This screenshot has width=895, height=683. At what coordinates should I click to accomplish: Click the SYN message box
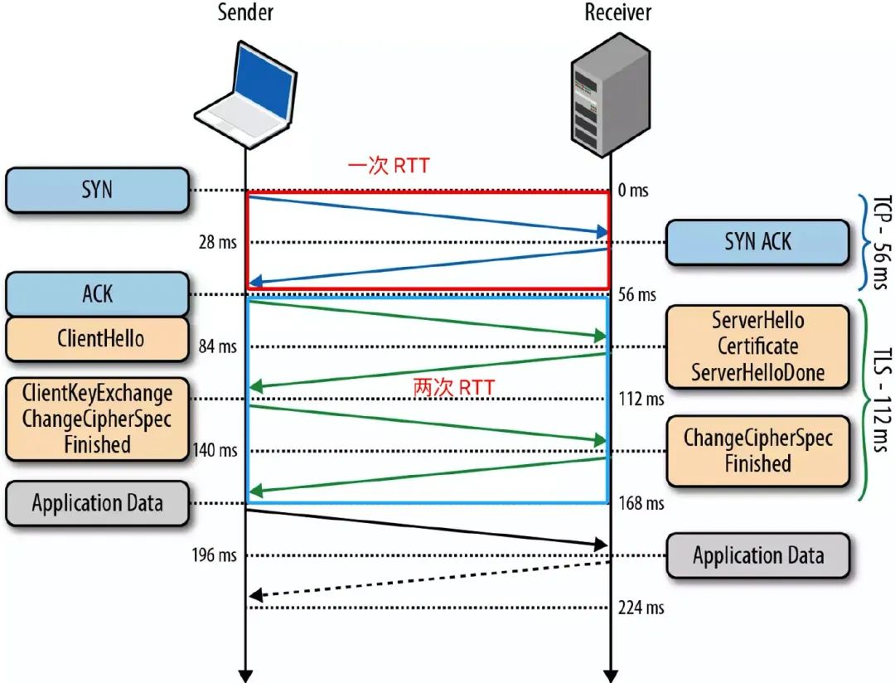(97, 190)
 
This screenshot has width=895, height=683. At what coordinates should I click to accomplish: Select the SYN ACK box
(757, 242)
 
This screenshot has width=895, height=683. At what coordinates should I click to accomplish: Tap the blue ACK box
(97, 293)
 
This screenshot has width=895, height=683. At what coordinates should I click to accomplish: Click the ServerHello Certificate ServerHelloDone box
(757, 346)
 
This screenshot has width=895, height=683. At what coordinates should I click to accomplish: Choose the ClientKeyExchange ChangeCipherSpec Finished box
(97, 419)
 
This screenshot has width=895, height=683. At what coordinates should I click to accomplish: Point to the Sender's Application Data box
(97, 503)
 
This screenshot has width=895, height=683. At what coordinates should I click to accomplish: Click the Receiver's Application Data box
(757, 555)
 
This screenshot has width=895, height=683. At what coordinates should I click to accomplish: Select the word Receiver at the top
(617, 12)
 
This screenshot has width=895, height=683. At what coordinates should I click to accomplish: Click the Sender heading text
(245, 12)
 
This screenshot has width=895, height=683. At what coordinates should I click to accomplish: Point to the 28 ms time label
(216, 243)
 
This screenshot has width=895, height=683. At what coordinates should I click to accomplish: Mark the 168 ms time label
(641, 503)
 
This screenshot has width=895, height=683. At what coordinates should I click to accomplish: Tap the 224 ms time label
(641, 608)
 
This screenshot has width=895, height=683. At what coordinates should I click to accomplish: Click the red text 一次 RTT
(388, 165)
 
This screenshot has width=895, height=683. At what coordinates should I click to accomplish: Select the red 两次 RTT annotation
(453, 387)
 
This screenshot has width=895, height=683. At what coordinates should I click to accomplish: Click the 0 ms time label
(633, 191)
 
